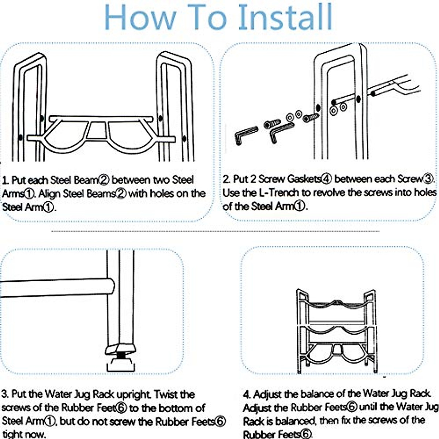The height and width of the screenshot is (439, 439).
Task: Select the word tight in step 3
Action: [12, 434]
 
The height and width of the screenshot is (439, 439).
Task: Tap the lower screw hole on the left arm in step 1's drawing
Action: [20, 138]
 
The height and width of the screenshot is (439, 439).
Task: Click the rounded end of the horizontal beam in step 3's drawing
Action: [111, 286]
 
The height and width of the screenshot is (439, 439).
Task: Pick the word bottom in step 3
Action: [176, 408]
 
